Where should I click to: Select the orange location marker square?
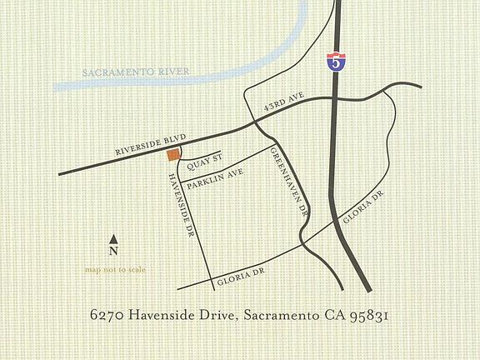point(173,154)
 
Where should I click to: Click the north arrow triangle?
point(113,239)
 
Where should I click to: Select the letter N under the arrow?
point(113,251)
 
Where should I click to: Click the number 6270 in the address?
point(106,316)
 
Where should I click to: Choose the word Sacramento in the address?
point(280,316)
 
